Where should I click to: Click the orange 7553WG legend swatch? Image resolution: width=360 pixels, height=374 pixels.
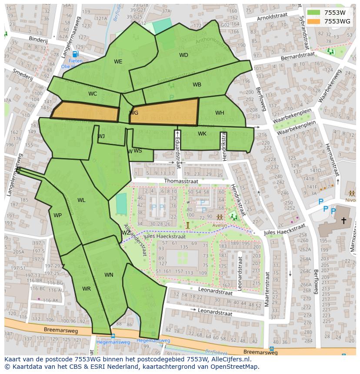313,21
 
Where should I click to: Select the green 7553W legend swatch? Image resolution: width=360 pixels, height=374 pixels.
313,13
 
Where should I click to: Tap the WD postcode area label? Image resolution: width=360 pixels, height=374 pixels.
183,55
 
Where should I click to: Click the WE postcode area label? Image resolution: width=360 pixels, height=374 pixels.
118,62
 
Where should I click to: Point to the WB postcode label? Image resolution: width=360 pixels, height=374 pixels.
197,85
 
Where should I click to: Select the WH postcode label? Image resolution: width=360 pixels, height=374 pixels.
220,113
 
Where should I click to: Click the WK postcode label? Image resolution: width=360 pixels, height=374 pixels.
202,134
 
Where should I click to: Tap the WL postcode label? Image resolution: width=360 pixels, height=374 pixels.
81,200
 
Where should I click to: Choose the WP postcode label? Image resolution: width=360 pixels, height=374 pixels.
57,215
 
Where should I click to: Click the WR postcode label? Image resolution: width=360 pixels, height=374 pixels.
86,289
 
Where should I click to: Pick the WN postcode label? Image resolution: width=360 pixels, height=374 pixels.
109,275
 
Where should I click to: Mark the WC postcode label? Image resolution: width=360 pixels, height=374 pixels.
93,94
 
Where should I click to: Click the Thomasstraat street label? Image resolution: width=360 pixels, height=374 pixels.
181,181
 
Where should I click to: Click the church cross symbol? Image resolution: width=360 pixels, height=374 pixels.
343,221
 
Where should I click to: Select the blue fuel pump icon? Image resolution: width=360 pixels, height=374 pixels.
75,54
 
